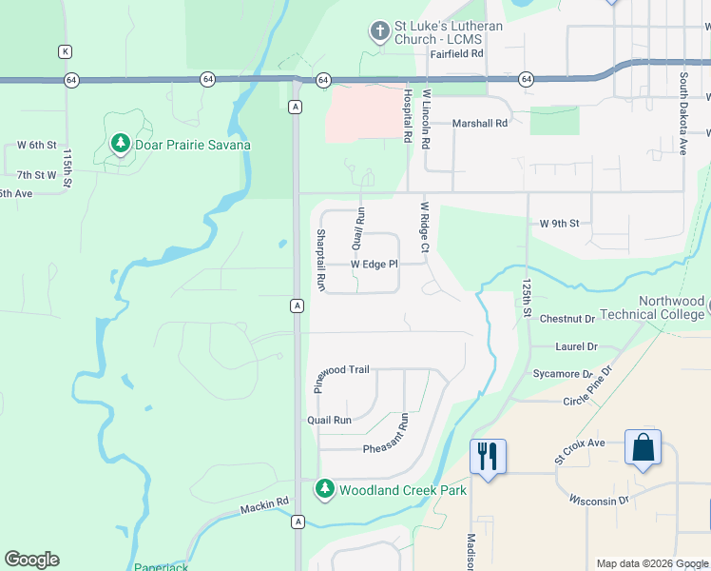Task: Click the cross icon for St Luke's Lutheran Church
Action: pyautogui.click(x=379, y=31)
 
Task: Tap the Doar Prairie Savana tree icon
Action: pyautogui.click(x=120, y=145)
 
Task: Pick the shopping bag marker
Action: pyautogui.click(x=643, y=447)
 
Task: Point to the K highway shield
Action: pyautogui.click(x=65, y=50)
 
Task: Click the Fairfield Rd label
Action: pyautogui.click(x=456, y=54)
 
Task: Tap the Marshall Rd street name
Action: pyautogui.click(x=480, y=123)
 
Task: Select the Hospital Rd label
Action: pyautogui.click(x=407, y=116)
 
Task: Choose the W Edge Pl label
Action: pyautogui.click(x=373, y=264)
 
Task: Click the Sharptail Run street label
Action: pyautogui.click(x=321, y=259)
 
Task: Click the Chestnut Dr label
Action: pyautogui.click(x=567, y=319)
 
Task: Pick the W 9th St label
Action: pyautogui.click(x=559, y=224)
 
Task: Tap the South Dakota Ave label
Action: pyautogui.click(x=682, y=112)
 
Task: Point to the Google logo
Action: pyautogui.click(x=31, y=560)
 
